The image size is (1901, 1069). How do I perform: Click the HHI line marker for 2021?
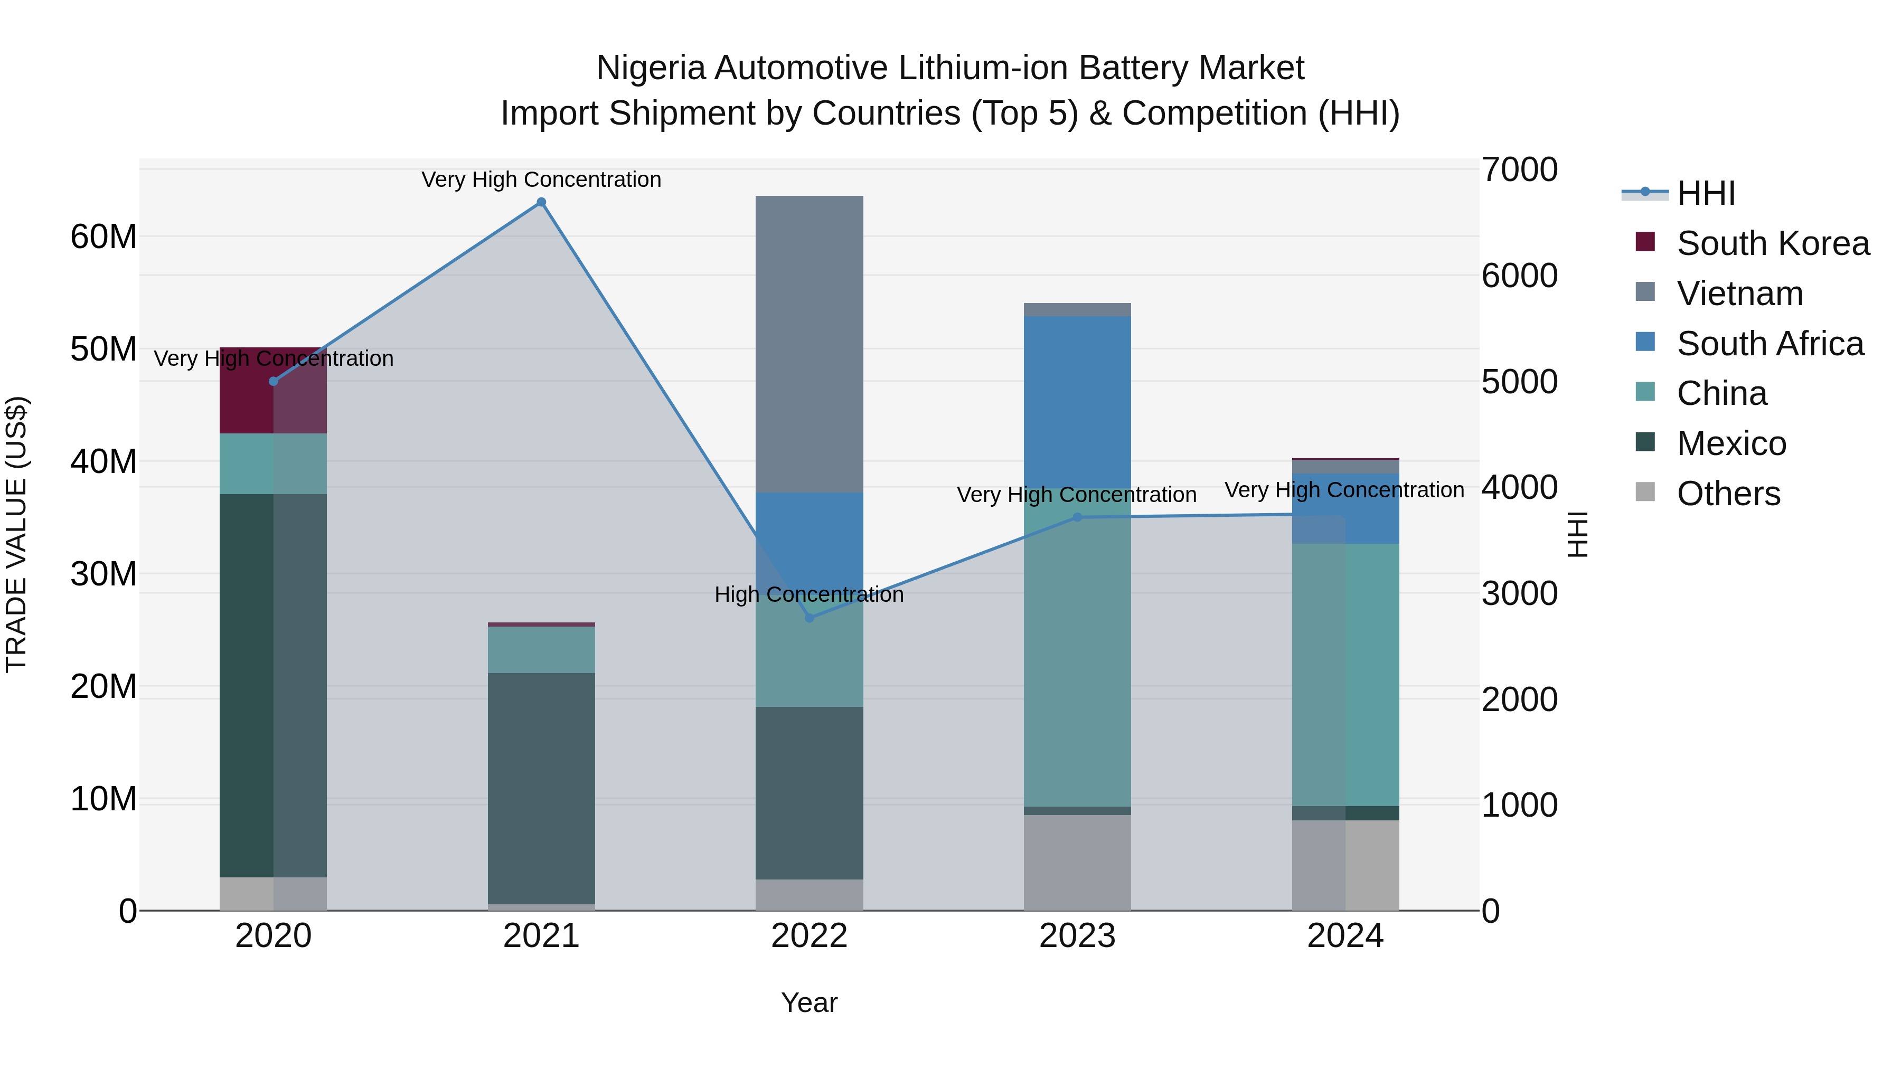click(541, 202)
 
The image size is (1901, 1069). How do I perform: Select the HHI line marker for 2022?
click(809, 618)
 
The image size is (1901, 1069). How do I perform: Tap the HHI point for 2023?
click(1077, 517)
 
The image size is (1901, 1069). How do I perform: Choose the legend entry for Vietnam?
click(1739, 294)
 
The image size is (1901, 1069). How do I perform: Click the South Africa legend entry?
click(1769, 344)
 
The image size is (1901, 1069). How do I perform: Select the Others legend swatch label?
click(1728, 494)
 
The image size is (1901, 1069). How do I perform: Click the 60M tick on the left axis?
click(103, 238)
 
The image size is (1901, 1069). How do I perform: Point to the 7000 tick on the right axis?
click(1519, 169)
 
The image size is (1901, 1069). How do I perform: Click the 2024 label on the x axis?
click(1344, 936)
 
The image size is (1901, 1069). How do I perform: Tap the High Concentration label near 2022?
click(809, 594)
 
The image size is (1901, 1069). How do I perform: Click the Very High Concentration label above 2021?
click(541, 179)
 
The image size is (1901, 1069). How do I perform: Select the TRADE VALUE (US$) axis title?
click(16, 534)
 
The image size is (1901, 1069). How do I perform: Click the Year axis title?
click(809, 1002)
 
